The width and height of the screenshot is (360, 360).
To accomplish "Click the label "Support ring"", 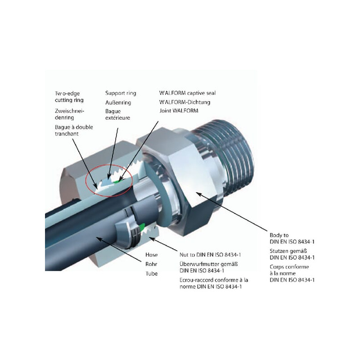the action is coord(121,93).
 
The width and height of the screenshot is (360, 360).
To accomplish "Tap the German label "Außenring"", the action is coord(118,103).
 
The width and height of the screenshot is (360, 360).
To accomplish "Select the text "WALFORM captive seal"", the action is coord(187,93).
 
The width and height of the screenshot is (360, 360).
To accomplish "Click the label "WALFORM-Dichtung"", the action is coord(184,102).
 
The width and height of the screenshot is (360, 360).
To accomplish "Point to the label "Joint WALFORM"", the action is coord(179,111).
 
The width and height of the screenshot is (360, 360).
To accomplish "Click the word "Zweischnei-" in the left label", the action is coord(70,111).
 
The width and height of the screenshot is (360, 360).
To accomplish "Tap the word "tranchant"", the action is coord(67,134).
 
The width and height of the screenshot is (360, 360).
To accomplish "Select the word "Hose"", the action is coord(151,255).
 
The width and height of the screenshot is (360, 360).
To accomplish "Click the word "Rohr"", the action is coord(151,264).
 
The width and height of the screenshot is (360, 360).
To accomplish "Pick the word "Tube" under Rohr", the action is coord(151,274).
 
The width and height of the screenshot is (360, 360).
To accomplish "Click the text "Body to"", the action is coord(279,235).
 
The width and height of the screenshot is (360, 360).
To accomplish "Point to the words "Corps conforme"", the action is coord(289,267).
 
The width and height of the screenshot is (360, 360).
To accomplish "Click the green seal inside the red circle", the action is coord(117,181).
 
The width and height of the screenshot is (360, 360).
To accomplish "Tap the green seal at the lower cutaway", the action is coord(142,227).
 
